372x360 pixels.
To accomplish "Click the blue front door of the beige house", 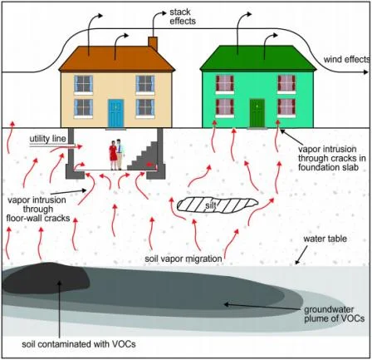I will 115,111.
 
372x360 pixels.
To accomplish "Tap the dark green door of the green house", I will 257,111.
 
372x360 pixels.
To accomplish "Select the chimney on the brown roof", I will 153,42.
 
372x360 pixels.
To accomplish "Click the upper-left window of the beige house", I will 83,83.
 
